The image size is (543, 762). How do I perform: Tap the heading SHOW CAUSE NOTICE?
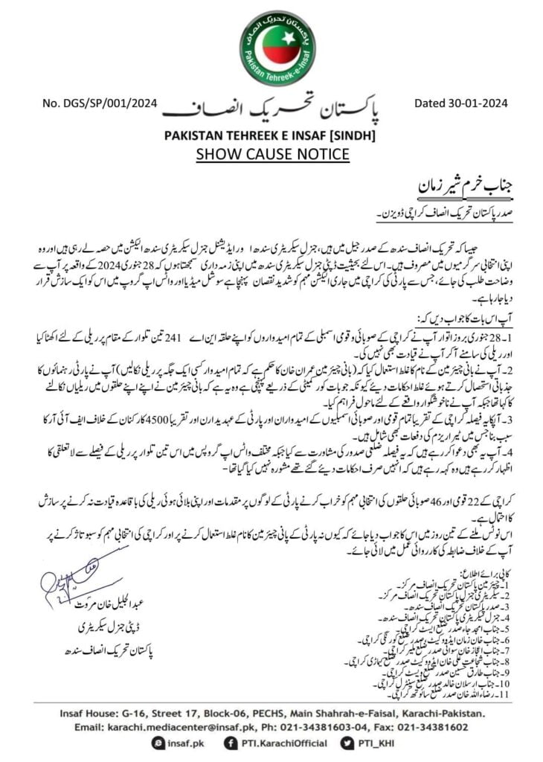[x=272, y=154]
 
